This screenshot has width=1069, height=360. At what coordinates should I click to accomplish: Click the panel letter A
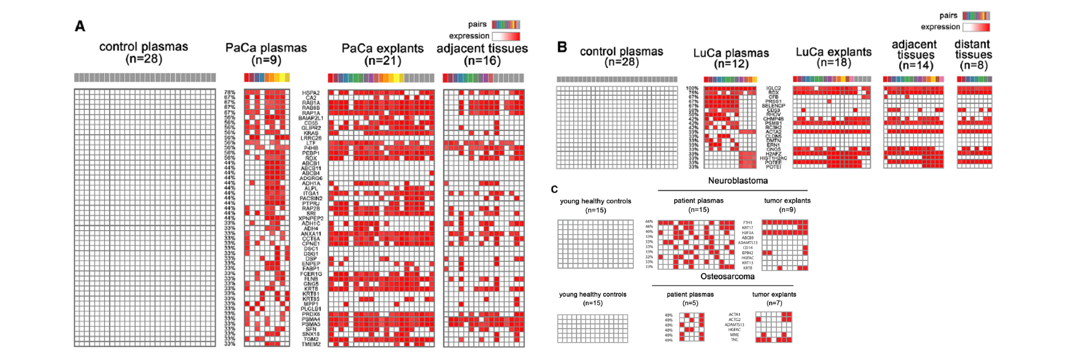click(80, 26)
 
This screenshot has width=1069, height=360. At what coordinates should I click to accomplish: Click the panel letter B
click(562, 47)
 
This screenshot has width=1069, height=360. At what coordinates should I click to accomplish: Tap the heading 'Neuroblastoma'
click(738, 181)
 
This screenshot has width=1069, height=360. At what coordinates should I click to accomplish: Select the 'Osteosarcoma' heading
click(728, 276)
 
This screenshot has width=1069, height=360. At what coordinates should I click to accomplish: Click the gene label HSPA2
click(311, 93)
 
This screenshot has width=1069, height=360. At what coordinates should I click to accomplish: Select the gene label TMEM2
click(311, 344)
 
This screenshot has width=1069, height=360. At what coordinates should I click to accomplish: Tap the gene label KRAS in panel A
click(311, 133)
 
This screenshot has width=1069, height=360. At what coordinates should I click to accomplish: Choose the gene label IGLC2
click(773, 88)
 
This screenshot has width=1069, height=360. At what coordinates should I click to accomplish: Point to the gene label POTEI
click(773, 167)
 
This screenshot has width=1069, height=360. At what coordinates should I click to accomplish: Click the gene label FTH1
click(748, 223)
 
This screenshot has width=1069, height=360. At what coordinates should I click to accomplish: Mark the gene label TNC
click(735, 339)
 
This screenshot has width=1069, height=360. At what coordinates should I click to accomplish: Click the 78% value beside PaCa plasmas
click(230, 93)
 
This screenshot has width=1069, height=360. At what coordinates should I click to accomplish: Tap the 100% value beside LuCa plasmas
click(692, 88)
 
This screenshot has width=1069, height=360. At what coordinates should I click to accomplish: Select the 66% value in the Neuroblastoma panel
click(649, 222)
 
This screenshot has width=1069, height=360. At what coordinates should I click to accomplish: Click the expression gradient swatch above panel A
click(506, 36)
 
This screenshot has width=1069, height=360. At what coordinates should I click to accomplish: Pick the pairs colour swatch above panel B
click(976, 16)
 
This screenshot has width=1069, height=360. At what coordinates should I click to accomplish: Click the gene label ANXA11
click(311, 234)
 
